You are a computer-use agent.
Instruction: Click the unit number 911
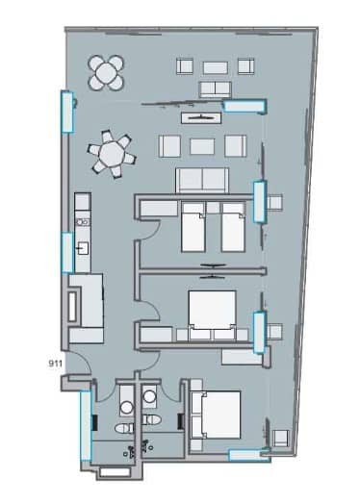[x=55, y=364]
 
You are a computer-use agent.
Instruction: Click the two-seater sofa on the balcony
[x=215, y=88]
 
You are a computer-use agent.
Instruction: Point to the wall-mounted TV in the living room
[x=203, y=116]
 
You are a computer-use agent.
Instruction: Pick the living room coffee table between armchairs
[x=202, y=145]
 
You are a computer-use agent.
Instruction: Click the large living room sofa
[x=201, y=180]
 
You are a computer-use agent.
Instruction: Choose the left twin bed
[x=193, y=226]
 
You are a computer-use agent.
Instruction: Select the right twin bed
[x=232, y=226]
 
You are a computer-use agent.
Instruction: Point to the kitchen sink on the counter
[x=83, y=249]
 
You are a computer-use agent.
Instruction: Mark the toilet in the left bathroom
[x=123, y=428]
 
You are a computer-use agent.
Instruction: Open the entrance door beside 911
[x=81, y=370]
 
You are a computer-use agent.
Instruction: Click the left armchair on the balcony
[x=186, y=67]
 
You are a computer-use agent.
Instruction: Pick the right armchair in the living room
[x=234, y=145]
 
